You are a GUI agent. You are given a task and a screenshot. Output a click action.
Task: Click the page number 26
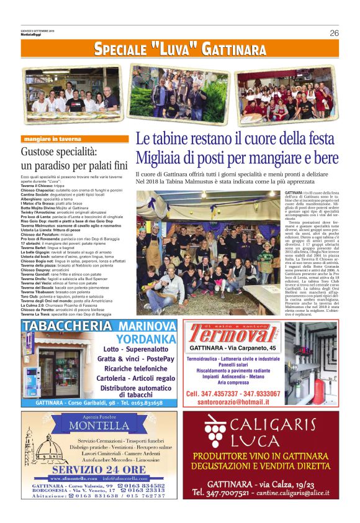coord(334,33)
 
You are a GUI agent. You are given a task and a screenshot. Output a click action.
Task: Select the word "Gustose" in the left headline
coord(42,152)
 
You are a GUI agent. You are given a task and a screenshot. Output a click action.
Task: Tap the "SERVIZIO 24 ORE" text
coord(99,469)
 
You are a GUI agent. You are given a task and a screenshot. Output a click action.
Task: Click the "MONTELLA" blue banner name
coord(98,425)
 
